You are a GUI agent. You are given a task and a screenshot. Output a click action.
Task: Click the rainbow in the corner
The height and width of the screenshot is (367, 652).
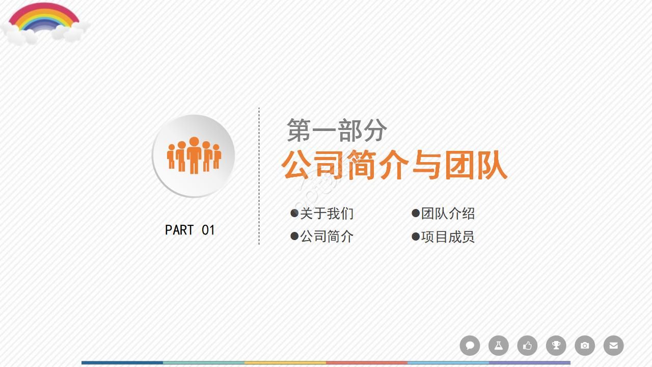(44, 20)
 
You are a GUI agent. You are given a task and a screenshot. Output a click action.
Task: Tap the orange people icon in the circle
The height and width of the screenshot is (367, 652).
(194, 155)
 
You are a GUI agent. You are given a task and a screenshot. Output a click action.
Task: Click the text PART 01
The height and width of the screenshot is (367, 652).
(190, 230)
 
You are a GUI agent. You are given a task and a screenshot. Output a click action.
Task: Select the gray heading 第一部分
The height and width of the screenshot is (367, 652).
(337, 130)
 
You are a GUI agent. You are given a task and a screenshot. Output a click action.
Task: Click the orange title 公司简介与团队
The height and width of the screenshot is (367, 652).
(394, 165)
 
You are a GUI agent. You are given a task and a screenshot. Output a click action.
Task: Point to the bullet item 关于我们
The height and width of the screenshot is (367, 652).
(327, 214)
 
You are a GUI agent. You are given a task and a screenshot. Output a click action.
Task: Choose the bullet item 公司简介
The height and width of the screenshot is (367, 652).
(327, 237)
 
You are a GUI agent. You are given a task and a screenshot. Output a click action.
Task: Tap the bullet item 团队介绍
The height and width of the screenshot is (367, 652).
(448, 214)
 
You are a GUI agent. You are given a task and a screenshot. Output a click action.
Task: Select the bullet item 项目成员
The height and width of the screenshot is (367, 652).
(448, 237)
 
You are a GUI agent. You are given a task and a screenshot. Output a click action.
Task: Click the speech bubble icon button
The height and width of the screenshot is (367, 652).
(470, 346)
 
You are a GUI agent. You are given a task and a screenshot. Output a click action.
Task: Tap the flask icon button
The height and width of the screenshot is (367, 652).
(499, 346)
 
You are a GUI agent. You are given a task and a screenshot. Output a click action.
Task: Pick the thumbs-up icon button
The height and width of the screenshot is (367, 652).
(527, 346)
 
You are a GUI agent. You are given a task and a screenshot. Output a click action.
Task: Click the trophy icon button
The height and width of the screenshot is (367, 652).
(556, 346)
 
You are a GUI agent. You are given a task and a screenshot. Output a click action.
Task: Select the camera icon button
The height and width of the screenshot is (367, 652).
(585, 346)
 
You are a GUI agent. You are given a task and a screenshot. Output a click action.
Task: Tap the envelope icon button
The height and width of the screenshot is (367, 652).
(614, 346)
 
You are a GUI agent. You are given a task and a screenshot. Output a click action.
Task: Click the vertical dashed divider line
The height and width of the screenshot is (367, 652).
(259, 176)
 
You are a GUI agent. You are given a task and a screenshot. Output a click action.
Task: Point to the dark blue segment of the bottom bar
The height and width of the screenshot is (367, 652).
(122, 363)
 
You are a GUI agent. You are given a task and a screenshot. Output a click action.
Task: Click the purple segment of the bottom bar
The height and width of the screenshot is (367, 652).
(530, 363)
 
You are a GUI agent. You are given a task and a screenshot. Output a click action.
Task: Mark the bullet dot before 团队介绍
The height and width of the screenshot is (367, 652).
(416, 213)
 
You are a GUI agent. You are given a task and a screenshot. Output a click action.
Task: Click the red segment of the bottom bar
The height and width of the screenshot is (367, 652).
(367, 363)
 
